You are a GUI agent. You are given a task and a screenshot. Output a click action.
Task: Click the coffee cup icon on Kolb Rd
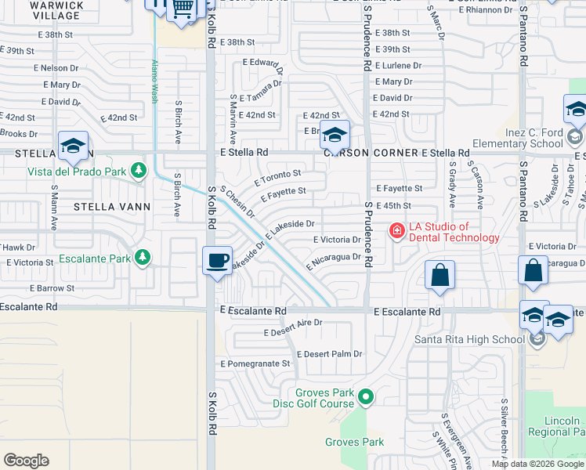217,260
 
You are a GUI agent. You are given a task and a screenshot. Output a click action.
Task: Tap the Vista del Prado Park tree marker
139,170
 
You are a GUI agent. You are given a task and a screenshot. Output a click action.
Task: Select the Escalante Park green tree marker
142,256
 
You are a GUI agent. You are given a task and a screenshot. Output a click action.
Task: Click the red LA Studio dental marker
397,230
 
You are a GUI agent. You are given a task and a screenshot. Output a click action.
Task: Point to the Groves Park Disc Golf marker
366,398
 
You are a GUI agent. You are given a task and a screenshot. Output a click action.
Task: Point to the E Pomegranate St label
255,363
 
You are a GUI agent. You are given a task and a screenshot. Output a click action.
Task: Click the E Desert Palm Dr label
329,353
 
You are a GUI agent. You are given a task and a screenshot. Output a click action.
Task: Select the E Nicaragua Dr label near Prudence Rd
335,260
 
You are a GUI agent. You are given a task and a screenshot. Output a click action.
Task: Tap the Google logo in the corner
26,461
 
